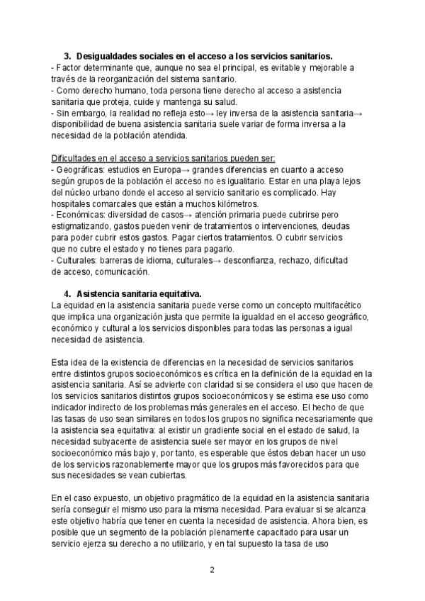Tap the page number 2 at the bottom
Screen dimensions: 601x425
212,569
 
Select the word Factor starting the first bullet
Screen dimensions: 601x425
71,67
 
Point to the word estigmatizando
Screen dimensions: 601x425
84,226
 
